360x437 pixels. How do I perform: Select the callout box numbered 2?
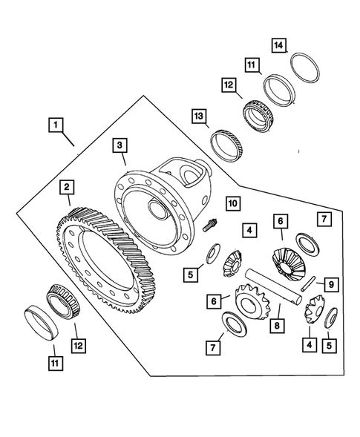[67, 188]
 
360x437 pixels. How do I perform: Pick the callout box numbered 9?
[332, 283]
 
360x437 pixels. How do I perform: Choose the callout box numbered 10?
[232, 203]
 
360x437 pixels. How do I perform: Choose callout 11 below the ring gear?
[53, 363]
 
